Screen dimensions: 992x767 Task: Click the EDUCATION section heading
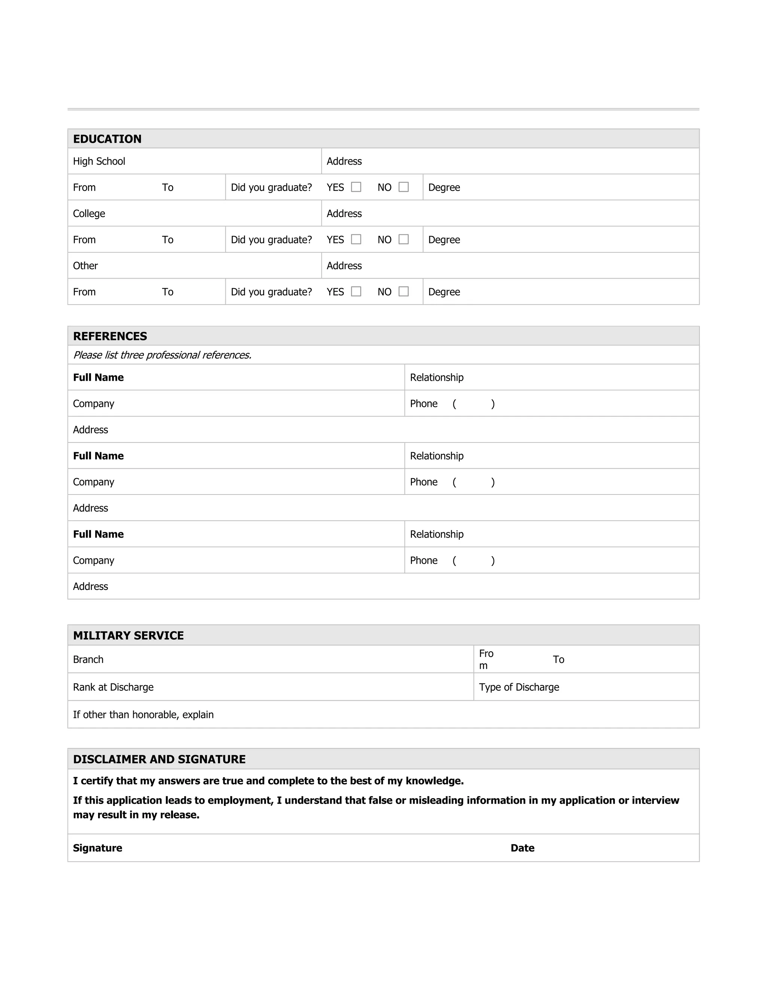point(107,139)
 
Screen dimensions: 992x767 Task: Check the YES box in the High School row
point(356,187)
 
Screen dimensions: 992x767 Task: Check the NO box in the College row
point(403,239)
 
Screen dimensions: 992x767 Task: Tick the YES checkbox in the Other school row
point(356,292)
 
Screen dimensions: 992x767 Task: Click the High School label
point(99,161)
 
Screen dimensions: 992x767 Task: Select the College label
point(89,213)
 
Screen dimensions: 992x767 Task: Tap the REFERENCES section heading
point(110,336)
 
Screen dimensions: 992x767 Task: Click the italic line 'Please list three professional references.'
point(162,355)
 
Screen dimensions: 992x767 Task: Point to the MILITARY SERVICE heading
point(128,636)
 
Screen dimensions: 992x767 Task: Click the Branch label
point(88,660)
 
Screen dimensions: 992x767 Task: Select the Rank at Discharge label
point(113,687)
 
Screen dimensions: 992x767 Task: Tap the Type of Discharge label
point(519,687)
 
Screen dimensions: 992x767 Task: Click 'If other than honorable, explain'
point(143,715)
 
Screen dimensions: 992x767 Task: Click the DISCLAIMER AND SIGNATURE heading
point(159,760)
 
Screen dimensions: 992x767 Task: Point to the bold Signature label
point(98,848)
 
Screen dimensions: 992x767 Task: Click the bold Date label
point(522,848)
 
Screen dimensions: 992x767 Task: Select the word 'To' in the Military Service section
point(558,660)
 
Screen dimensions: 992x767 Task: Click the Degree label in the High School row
point(444,188)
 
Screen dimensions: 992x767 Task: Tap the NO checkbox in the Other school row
point(403,292)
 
